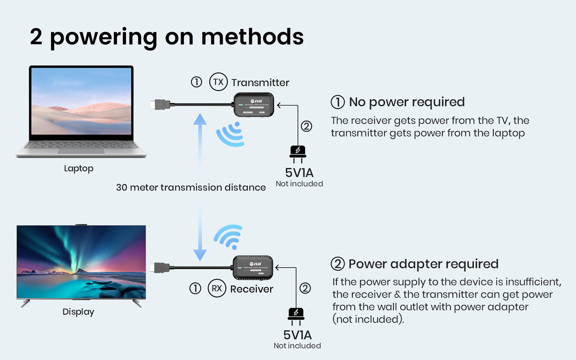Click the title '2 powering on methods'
(x=167, y=37)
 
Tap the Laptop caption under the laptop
(x=79, y=168)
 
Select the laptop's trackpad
(x=81, y=151)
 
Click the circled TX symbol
(x=218, y=82)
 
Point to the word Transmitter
(x=260, y=83)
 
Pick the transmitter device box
(x=254, y=104)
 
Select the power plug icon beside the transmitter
(x=298, y=152)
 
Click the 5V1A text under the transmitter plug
(x=299, y=173)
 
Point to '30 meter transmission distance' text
(x=191, y=187)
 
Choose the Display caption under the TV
(x=78, y=312)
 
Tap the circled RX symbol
(x=217, y=288)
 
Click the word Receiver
(x=252, y=289)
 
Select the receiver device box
(x=253, y=268)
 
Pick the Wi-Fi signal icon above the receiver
(x=229, y=236)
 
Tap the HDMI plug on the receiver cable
(x=160, y=268)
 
